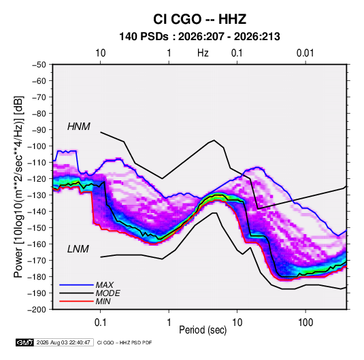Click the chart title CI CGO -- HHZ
[x=199, y=19]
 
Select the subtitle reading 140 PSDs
[x=144, y=37]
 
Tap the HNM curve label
[x=79, y=127]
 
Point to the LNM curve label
[x=78, y=249]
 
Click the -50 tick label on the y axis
[x=39, y=65]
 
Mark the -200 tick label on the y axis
[x=37, y=310]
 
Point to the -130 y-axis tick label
[x=37, y=195]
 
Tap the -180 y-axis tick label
[x=37, y=277]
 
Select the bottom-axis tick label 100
[x=305, y=323]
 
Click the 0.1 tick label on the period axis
[x=100, y=323]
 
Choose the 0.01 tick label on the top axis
[x=305, y=53]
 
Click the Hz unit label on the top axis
[x=203, y=53]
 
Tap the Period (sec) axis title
[x=203, y=330]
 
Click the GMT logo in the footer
[x=25, y=342]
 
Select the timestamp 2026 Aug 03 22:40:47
[x=63, y=342]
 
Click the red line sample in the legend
[x=76, y=301]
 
